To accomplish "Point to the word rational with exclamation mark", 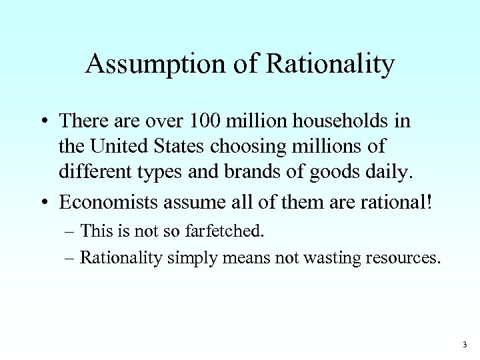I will point(398,198).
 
